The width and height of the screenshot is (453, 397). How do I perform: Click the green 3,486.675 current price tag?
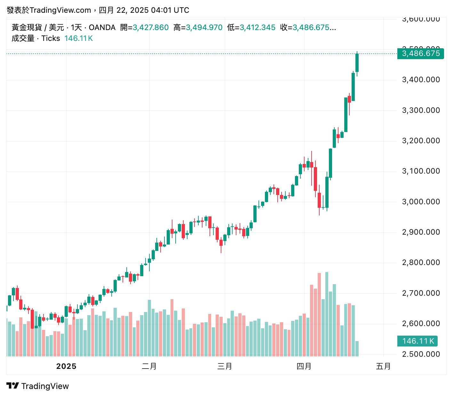pos(421,53)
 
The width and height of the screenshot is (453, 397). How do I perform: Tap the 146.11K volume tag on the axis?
pos(417,341)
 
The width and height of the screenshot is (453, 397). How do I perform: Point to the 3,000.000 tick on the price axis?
pos(421,202)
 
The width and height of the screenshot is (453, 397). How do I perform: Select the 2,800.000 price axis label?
pos(421,262)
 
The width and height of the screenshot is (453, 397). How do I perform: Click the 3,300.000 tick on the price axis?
pos(421,110)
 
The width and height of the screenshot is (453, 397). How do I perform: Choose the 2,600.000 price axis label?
pos(421,323)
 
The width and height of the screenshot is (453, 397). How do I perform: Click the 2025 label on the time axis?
pos(66,366)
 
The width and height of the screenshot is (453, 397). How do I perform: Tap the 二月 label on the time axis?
pos(149,366)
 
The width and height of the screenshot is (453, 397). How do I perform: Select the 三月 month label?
pos(225,366)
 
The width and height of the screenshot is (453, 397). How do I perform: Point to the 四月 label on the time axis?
pos(304,366)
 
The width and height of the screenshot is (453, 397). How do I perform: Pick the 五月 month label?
pos(383,366)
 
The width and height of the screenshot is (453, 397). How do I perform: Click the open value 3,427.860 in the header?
pos(151,27)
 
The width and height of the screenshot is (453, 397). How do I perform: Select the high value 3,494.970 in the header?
pos(204,27)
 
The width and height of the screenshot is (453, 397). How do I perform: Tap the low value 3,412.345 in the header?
pos(258,27)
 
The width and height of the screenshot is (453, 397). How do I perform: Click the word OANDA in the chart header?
pos(102,27)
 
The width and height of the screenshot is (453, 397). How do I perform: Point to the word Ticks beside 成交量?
pos(51,38)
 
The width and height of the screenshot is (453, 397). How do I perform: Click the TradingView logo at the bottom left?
pos(38,386)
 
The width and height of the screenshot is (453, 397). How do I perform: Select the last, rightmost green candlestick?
pos(357,63)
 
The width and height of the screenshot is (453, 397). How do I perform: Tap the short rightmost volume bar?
pos(357,349)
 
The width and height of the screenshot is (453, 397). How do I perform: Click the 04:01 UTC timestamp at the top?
pos(170,10)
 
